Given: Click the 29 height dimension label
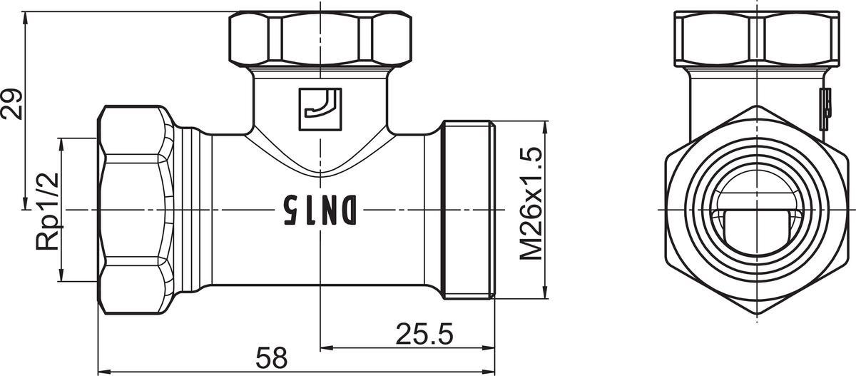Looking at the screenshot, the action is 11,104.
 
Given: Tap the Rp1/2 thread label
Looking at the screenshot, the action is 48,211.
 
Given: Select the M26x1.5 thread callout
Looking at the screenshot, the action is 531,204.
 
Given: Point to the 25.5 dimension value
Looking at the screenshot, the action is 424,334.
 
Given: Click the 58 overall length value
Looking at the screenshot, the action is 271,357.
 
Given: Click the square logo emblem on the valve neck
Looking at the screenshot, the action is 320,109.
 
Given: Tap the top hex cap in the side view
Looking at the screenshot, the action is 320,38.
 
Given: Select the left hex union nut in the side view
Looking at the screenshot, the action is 136,210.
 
